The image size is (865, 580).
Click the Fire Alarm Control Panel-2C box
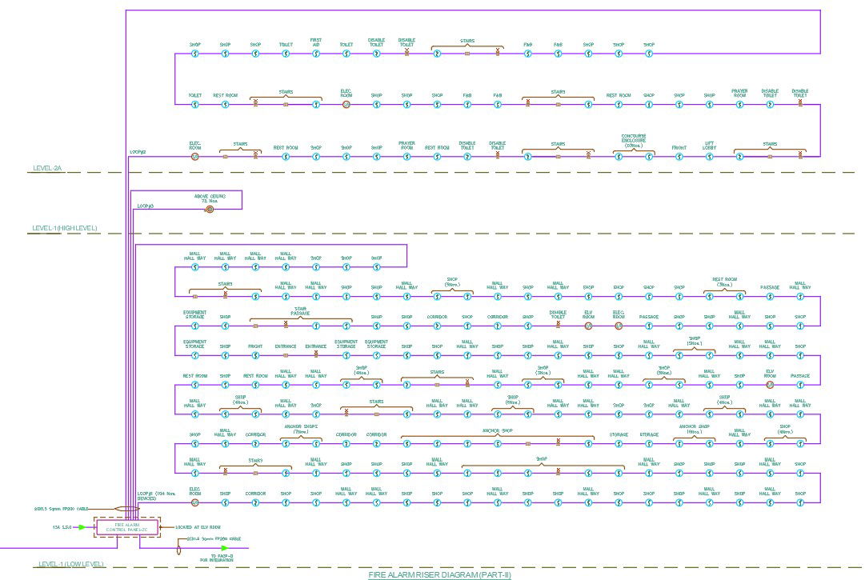127,526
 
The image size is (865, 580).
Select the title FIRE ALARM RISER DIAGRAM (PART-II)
439,574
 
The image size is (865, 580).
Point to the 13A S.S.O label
62,527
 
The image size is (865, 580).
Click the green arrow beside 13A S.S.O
82,527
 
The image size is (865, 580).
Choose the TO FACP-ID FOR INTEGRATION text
216,558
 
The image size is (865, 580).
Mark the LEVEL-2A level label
47,169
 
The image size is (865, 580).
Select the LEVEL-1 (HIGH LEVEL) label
65,229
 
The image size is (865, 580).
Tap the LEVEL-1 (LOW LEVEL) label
70,565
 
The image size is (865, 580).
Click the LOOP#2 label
138,151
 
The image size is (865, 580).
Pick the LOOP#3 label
145,206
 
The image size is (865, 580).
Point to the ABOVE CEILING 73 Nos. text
210,198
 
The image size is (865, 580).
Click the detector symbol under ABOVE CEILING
210,209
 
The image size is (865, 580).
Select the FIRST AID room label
316,42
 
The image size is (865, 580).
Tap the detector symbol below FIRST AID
316,54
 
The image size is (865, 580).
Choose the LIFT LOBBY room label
709,146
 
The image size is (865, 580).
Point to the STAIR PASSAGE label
301,312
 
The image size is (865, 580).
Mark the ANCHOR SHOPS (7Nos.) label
301,429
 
